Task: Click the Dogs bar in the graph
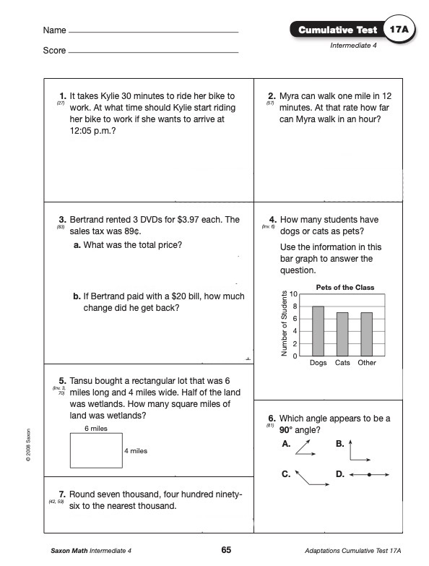point(318,331)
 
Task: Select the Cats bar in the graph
point(342,334)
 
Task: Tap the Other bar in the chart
point(367,334)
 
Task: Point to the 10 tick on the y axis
point(293,293)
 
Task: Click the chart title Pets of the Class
point(345,287)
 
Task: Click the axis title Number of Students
point(284,323)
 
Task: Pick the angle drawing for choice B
point(360,450)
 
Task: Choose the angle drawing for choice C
point(312,478)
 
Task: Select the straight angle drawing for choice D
point(369,475)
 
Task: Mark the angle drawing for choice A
point(305,448)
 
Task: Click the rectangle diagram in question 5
point(96,450)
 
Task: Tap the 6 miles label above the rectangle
point(96,429)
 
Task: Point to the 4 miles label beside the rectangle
point(136,451)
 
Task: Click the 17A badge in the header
point(399,29)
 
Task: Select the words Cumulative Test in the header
point(338,30)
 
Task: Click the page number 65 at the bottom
point(226,550)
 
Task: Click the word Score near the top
point(54,51)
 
